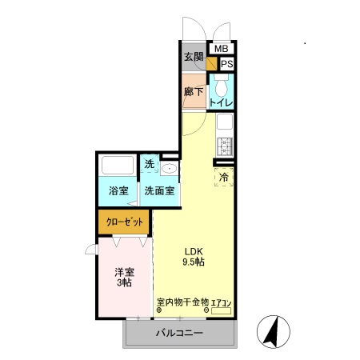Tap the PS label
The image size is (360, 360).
[226, 64]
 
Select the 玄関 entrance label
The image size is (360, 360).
[193, 57]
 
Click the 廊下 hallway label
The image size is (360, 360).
[193, 91]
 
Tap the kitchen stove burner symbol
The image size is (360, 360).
[225, 146]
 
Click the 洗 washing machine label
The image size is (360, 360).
[149, 165]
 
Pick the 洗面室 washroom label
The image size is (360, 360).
[159, 192]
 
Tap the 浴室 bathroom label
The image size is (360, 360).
[118, 192]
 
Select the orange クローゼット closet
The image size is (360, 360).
[124, 222]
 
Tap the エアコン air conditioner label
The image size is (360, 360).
[221, 302]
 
